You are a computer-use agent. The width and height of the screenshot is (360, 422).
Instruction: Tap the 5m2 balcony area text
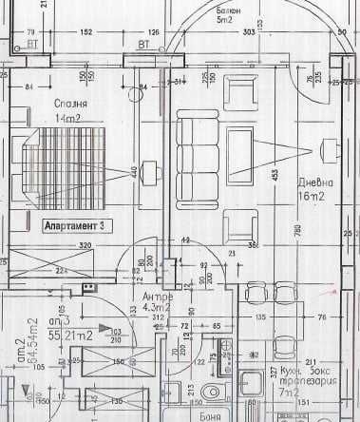(225, 19)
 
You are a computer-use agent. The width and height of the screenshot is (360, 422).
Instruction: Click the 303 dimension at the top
(247, 31)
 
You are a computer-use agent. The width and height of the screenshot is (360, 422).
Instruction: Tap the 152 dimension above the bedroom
(85, 31)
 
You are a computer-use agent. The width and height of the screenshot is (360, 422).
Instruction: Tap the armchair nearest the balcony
(237, 93)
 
